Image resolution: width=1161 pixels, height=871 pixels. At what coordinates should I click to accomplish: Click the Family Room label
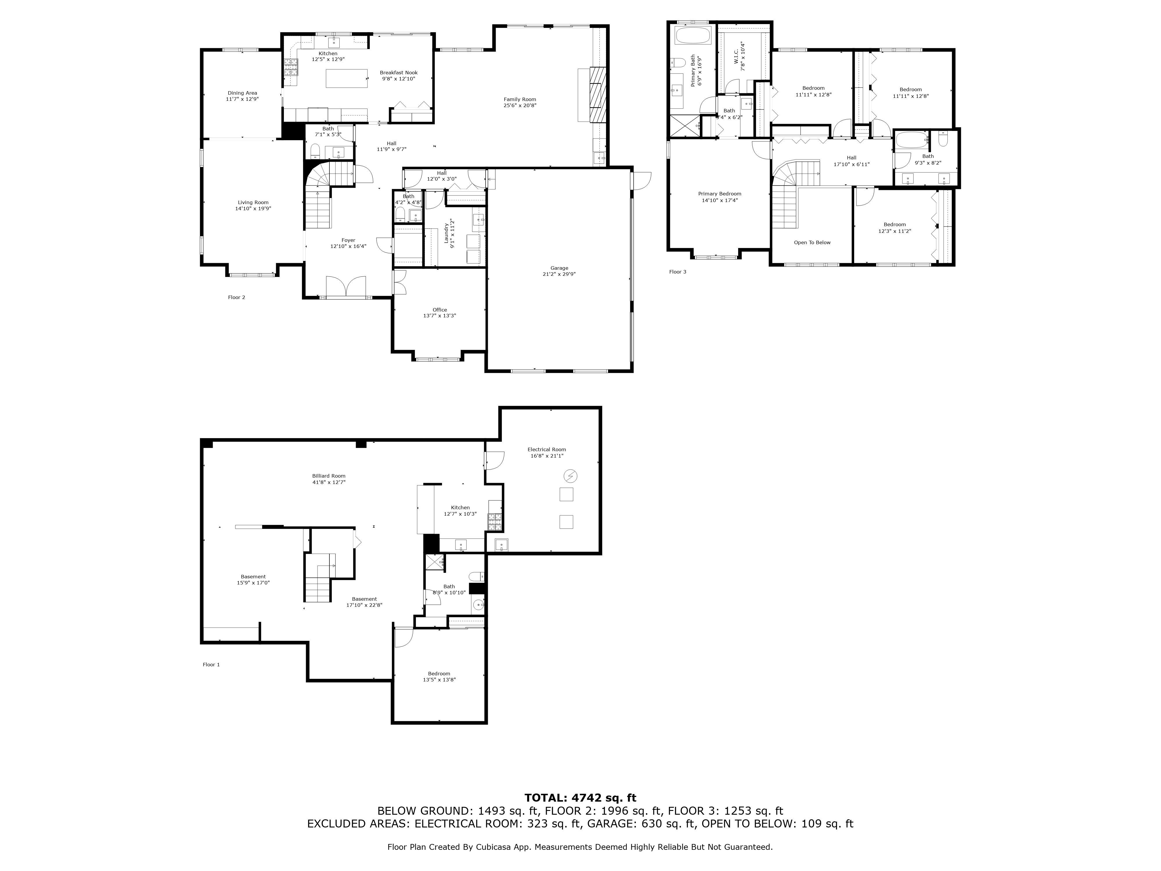point(520,99)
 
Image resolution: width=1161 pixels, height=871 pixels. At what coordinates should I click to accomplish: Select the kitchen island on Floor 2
point(346,78)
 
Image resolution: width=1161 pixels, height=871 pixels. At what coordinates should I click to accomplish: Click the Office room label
point(439,310)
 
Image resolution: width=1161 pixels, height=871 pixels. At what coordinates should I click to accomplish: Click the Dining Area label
point(242,93)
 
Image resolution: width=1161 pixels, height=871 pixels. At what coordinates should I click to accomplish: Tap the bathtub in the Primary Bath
point(692,36)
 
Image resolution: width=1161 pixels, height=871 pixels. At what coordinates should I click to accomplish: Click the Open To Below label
point(812,242)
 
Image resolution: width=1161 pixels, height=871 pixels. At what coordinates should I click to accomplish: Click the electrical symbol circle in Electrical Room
point(570,476)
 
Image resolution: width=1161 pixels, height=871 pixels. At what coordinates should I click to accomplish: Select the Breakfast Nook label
point(399,73)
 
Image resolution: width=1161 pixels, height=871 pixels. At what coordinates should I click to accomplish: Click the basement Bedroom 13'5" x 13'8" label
point(439,674)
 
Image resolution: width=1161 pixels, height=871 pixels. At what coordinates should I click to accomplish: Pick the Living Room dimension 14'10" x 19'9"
point(253,208)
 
